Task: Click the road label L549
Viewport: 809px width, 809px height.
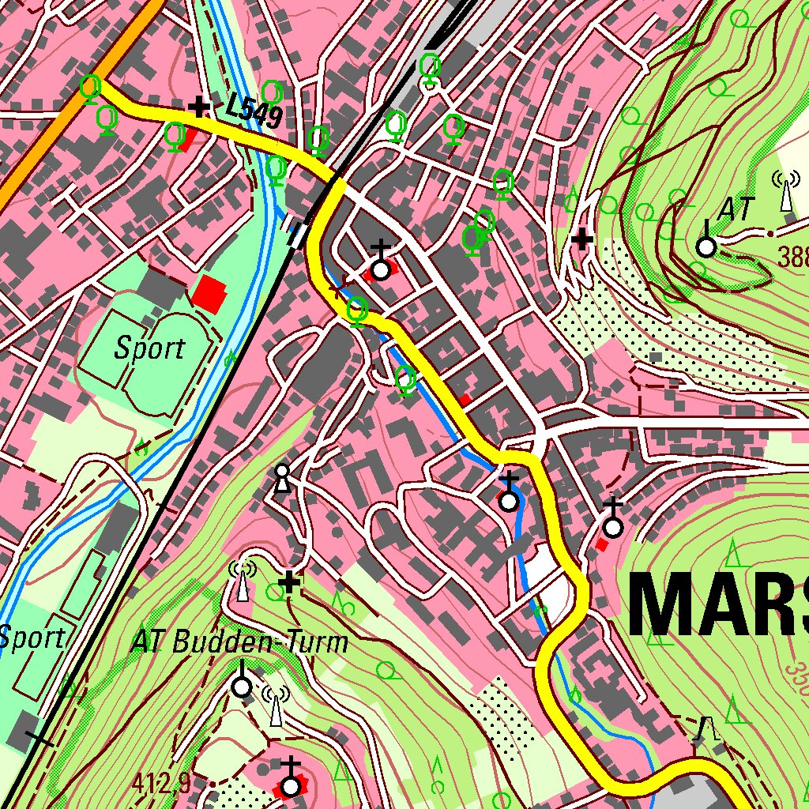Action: (253, 111)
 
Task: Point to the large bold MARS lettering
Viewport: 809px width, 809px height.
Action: (719, 605)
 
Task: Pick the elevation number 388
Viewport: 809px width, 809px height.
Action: (792, 257)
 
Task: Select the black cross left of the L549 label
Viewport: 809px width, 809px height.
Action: (198, 106)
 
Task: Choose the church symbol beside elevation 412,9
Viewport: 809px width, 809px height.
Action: (292, 782)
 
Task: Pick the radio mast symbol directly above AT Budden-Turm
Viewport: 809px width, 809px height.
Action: (243, 581)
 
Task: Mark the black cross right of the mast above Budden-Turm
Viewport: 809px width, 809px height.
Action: (290, 583)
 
